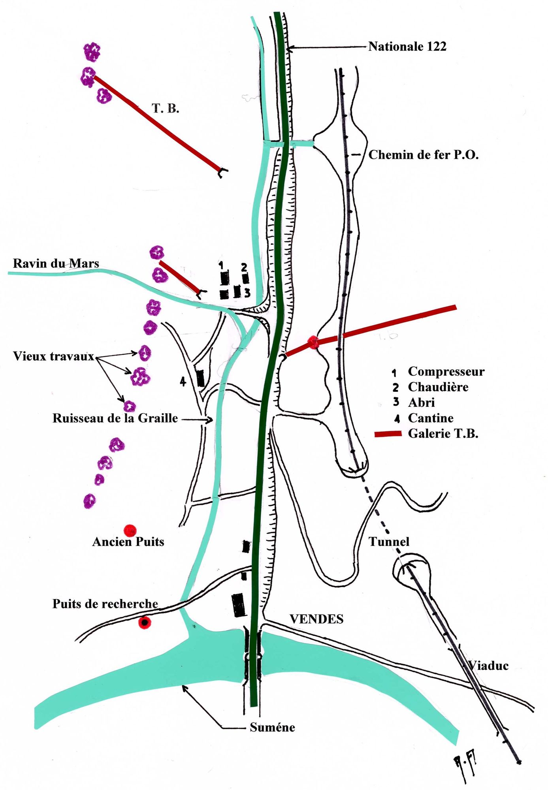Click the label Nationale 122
pyautogui.click(x=407, y=47)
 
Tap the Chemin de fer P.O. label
pyautogui.click(x=423, y=155)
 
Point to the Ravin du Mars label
pyautogui.click(x=56, y=263)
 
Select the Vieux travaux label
pyautogui.click(x=53, y=356)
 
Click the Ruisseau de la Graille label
pyautogui.click(x=115, y=418)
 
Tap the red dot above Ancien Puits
pyautogui.click(x=130, y=530)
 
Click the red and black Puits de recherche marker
pyautogui.click(x=145, y=623)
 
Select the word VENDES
pyautogui.click(x=316, y=619)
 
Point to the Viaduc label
pyautogui.click(x=488, y=666)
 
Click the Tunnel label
pyautogui.click(x=389, y=542)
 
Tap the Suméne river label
pyautogui.click(x=272, y=728)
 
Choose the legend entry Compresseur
pyautogui.click(x=446, y=372)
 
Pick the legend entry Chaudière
pyautogui.click(x=438, y=387)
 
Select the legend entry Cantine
pyautogui.click(x=430, y=418)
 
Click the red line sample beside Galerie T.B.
pyautogui.click(x=388, y=434)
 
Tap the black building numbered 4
pyautogui.click(x=200, y=378)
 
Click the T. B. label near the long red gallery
pyautogui.click(x=165, y=108)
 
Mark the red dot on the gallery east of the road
pyautogui.click(x=313, y=342)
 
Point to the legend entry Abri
pyautogui.click(x=421, y=403)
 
